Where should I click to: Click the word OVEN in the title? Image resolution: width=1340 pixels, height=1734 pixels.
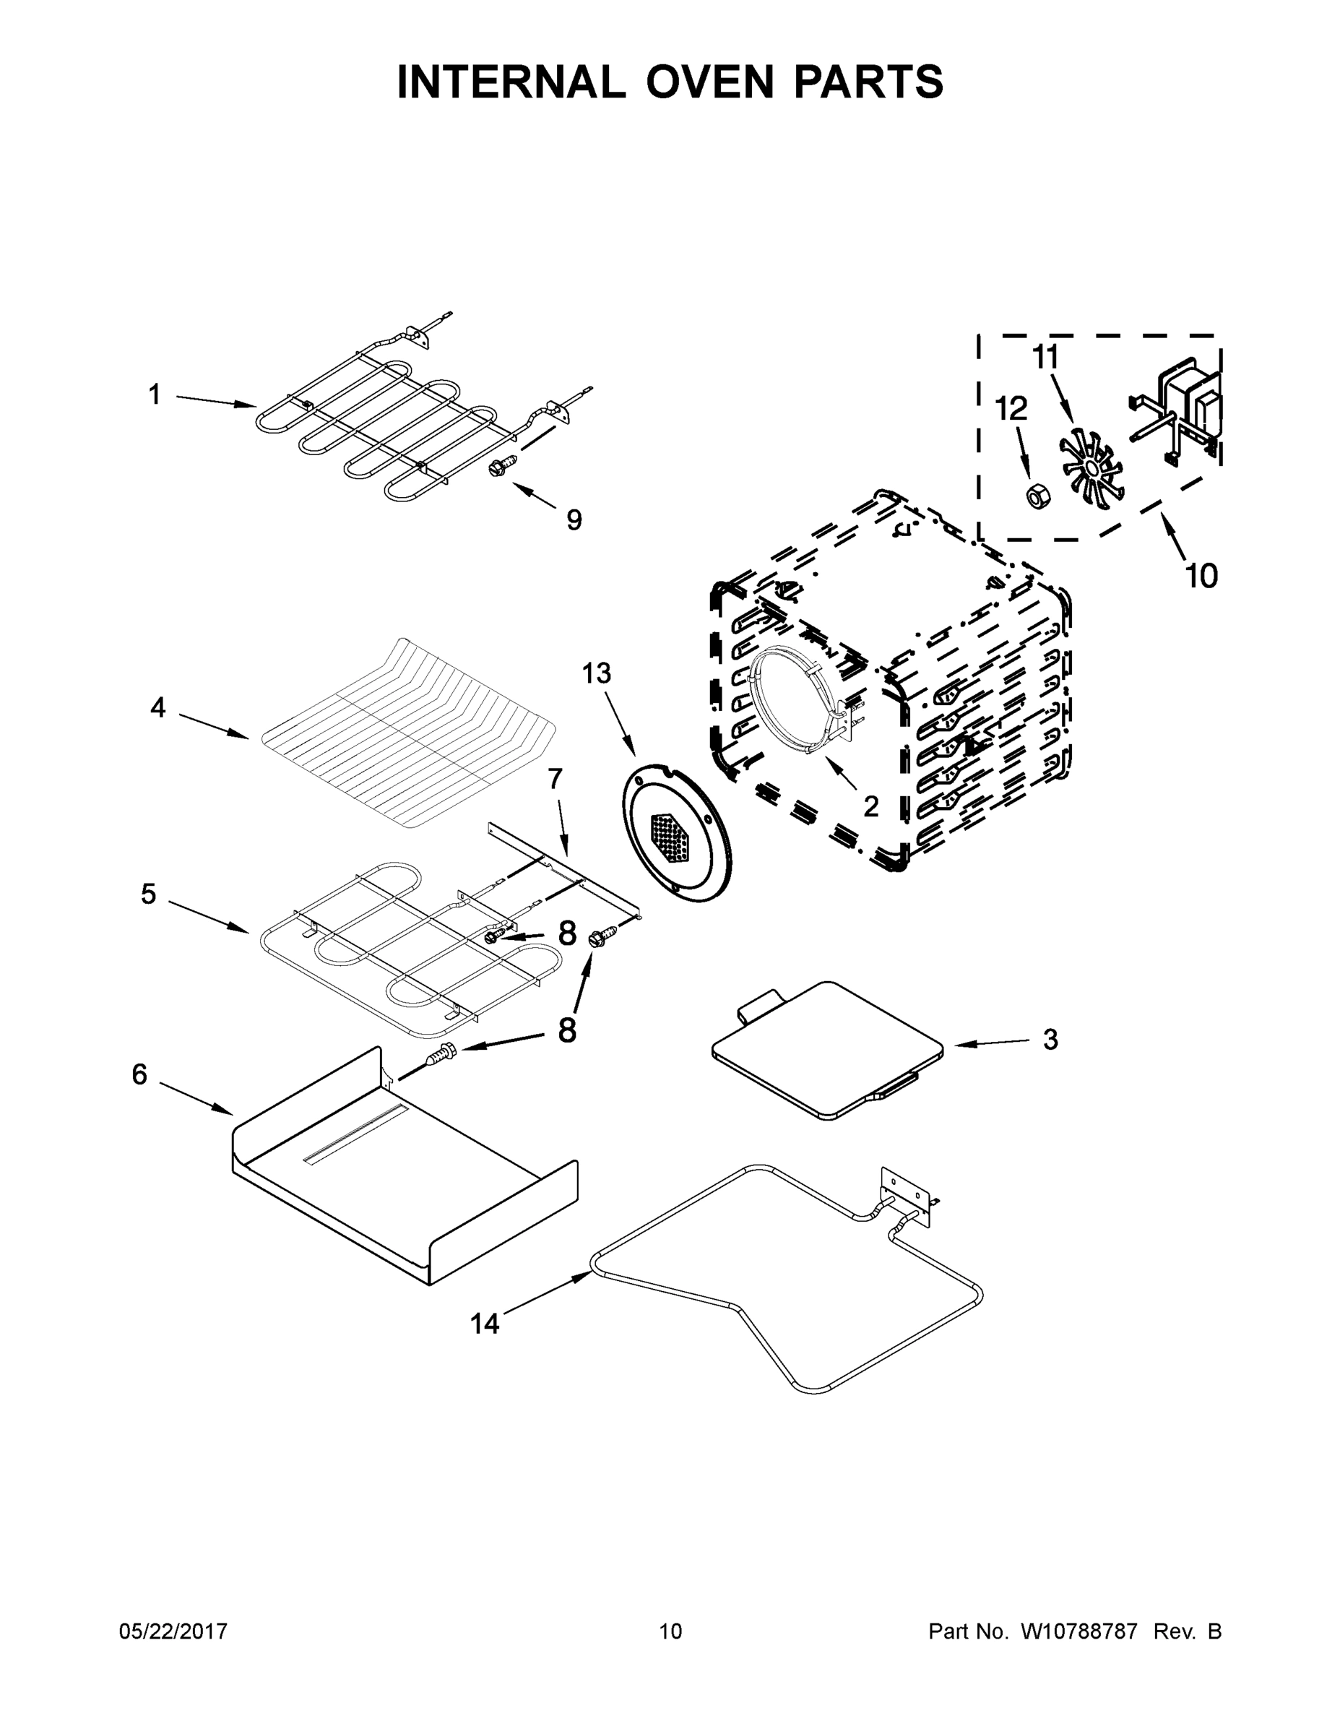(x=696, y=81)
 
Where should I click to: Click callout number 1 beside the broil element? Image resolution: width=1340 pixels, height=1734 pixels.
(x=155, y=394)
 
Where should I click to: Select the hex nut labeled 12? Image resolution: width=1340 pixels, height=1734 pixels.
(x=1037, y=496)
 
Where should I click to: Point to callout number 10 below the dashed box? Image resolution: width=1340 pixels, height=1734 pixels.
(x=1201, y=576)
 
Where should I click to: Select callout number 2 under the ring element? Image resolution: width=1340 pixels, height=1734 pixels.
(x=871, y=806)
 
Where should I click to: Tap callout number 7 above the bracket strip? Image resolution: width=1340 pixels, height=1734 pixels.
(x=555, y=778)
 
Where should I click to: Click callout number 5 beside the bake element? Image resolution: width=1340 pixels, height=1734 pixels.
(x=149, y=894)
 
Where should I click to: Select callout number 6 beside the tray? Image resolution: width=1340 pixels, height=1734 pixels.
(x=139, y=1074)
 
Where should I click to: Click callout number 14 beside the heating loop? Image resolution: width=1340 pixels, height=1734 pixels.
(x=485, y=1323)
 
